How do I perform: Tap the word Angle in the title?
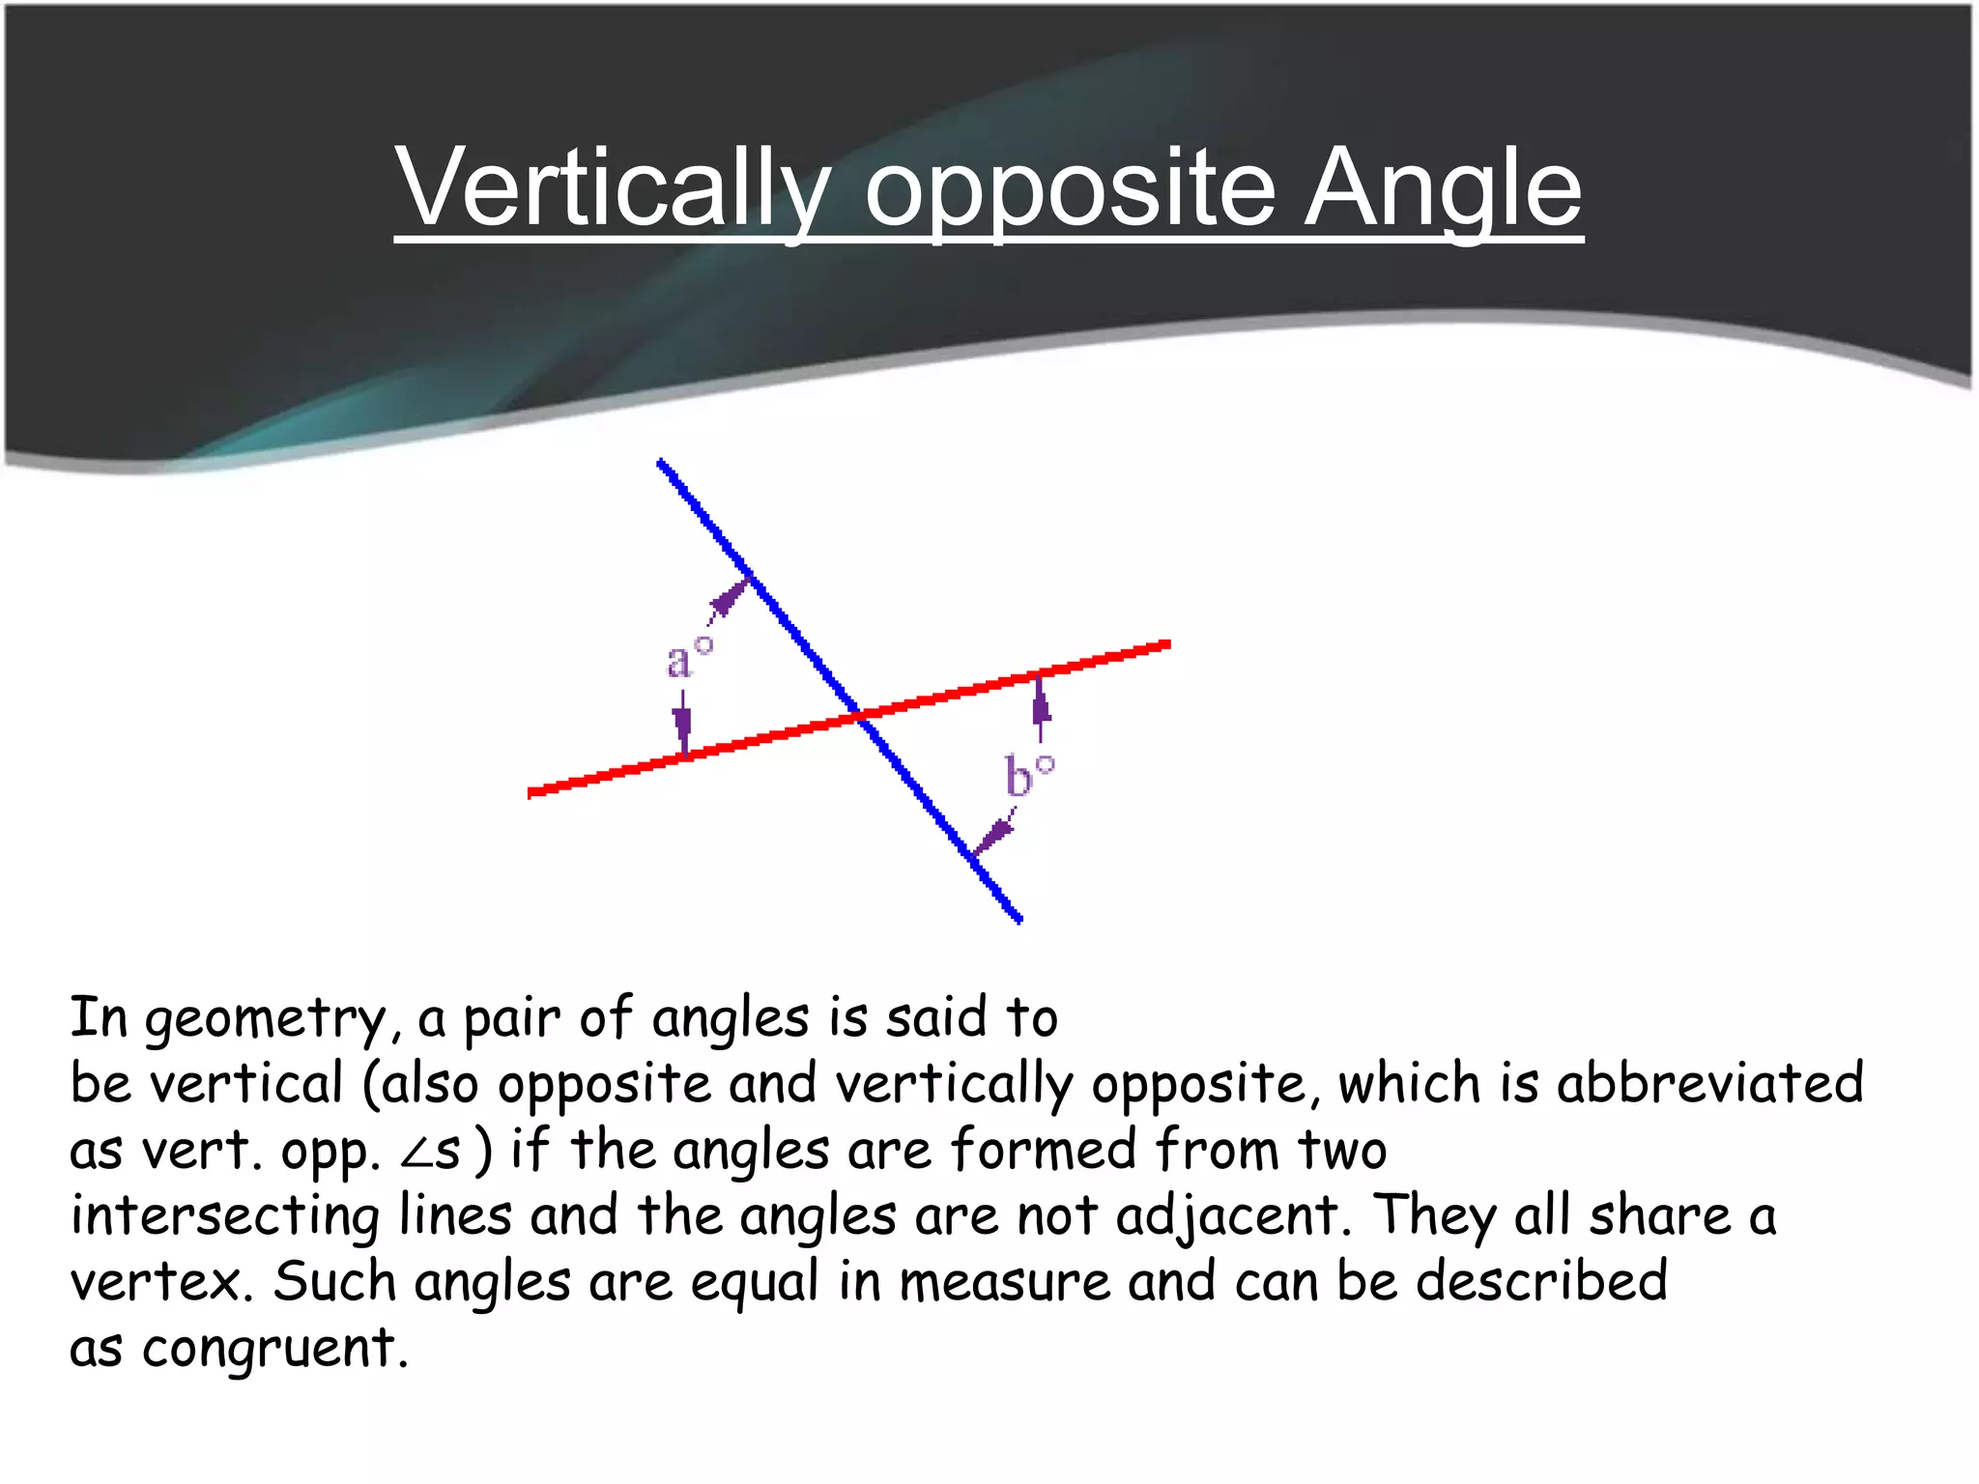point(1444,188)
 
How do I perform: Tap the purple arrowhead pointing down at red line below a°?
point(683,727)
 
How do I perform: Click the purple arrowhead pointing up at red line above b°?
point(1041,703)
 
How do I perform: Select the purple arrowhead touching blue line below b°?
point(993,836)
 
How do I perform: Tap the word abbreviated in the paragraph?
point(1709,1084)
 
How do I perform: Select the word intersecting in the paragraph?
point(225,1217)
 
